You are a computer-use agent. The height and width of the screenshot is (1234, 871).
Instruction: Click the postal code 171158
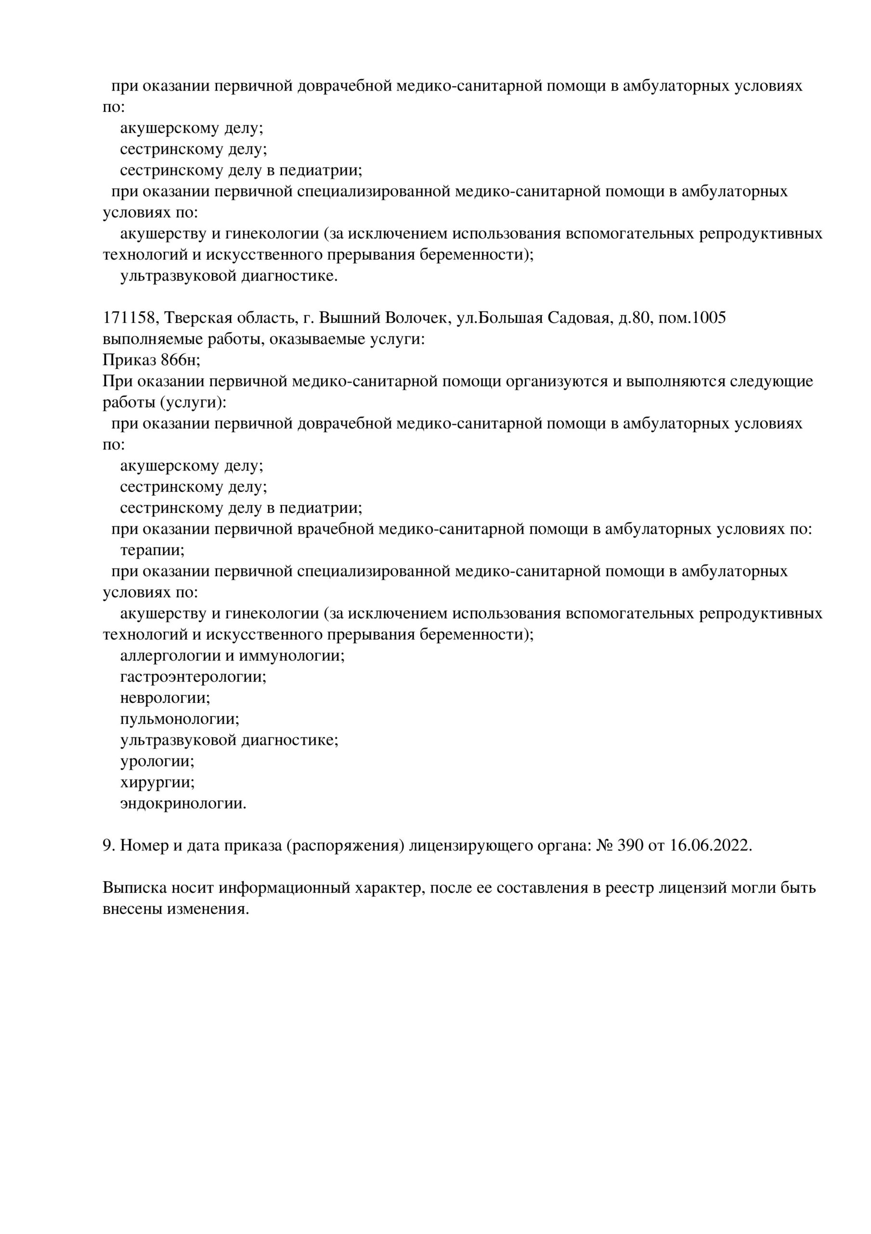(x=129, y=318)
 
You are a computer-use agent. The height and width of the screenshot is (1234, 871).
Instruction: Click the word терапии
(x=152, y=550)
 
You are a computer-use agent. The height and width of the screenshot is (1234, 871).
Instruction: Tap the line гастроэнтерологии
(x=193, y=677)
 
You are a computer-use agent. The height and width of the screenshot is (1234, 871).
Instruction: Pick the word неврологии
(x=165, y=698)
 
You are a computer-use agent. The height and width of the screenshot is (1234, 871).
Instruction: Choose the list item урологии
(x=157, y=762)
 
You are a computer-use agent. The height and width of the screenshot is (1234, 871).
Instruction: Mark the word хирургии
(x=157, y=782)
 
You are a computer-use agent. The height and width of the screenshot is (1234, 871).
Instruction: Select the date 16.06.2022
(x=711, y=846)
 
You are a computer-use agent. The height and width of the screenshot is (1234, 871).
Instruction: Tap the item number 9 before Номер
(x=107, y=846)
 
